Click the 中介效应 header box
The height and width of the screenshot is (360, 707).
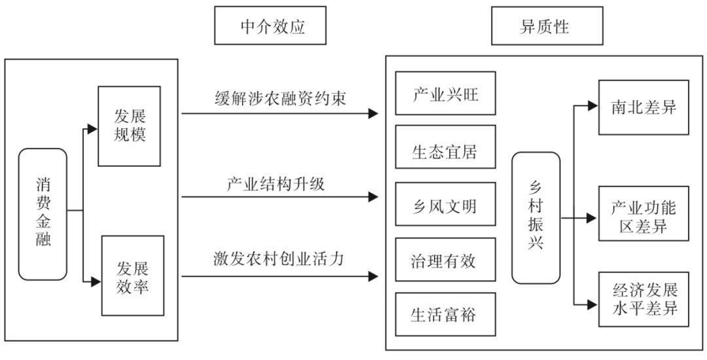coord(270,26)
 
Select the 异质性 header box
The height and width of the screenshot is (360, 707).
coord(548,26)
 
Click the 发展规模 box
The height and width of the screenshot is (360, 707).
coord(129,126)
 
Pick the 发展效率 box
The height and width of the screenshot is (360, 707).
coord(132,276)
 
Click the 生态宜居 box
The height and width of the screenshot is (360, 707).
coord(445,151)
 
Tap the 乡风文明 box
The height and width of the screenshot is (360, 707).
coord(445,207)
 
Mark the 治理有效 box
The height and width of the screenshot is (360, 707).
coord(445,261)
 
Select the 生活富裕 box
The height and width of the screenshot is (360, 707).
coord(445,315)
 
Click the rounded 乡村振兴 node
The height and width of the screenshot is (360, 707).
coord(535,218)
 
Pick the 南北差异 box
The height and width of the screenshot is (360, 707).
coord(644,107)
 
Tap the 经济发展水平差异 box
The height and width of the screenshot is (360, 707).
coord(644,300)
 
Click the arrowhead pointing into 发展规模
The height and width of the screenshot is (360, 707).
coord(92,130)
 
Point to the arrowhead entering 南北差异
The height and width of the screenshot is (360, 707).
coord(592,105)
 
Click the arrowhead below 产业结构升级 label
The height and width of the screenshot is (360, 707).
coord(374,196)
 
